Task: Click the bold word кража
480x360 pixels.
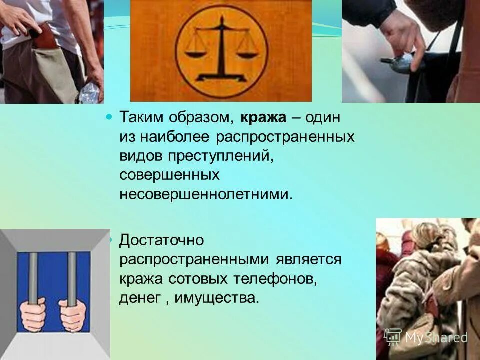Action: pos(263,117)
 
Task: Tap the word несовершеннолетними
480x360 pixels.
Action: pos(205,194)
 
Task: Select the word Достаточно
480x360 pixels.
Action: pos(162,240)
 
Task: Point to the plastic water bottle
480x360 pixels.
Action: pos(90,93)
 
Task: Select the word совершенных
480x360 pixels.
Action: pos(170,175)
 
